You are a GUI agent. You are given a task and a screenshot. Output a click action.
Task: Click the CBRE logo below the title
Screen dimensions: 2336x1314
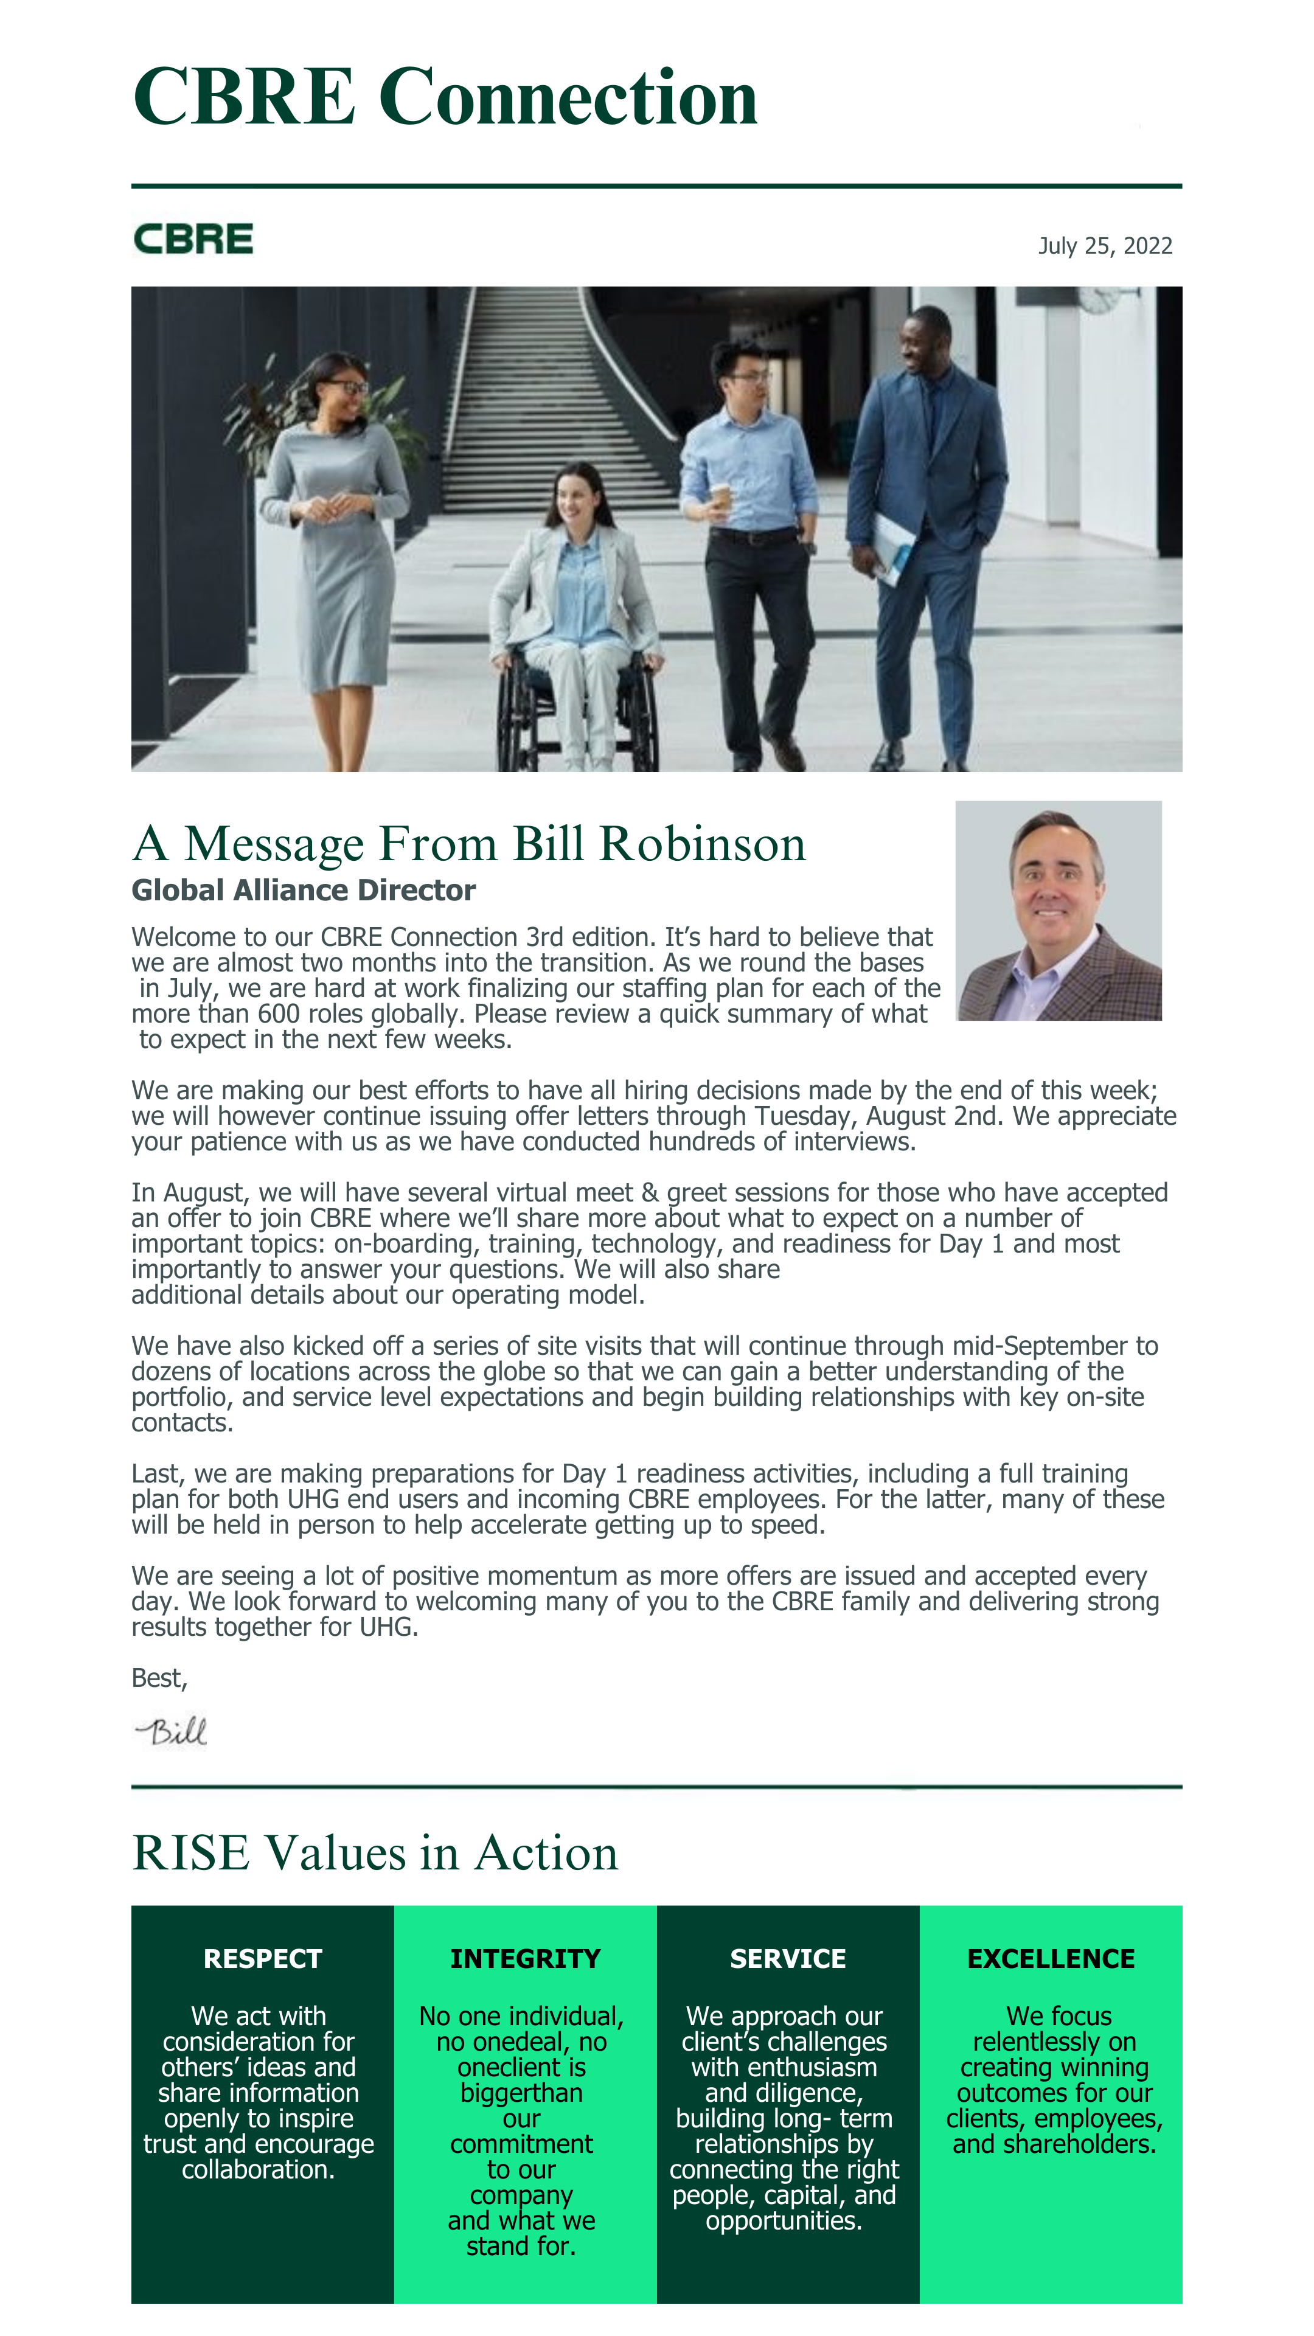click(193, 240)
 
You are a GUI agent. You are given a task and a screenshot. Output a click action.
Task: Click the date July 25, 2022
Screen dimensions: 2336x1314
click(1105, 246)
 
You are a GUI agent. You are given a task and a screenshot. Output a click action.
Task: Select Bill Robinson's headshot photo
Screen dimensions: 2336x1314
click(1058, 911)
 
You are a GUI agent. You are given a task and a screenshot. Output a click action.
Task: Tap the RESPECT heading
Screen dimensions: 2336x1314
click(262, 1959)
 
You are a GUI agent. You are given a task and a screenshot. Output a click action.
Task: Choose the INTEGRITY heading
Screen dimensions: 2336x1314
click(525, 1959)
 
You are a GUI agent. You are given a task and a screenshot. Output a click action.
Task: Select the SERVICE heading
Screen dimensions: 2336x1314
click(787, 1959)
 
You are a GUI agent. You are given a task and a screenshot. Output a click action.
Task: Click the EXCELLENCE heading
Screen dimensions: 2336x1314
click(1050, 1959)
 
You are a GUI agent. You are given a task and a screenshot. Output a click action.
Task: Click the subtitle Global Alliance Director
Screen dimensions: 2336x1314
click(303, 891)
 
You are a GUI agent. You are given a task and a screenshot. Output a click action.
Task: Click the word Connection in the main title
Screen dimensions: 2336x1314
click(568, 97)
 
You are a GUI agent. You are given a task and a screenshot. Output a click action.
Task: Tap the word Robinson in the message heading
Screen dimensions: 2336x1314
click(702, 844)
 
